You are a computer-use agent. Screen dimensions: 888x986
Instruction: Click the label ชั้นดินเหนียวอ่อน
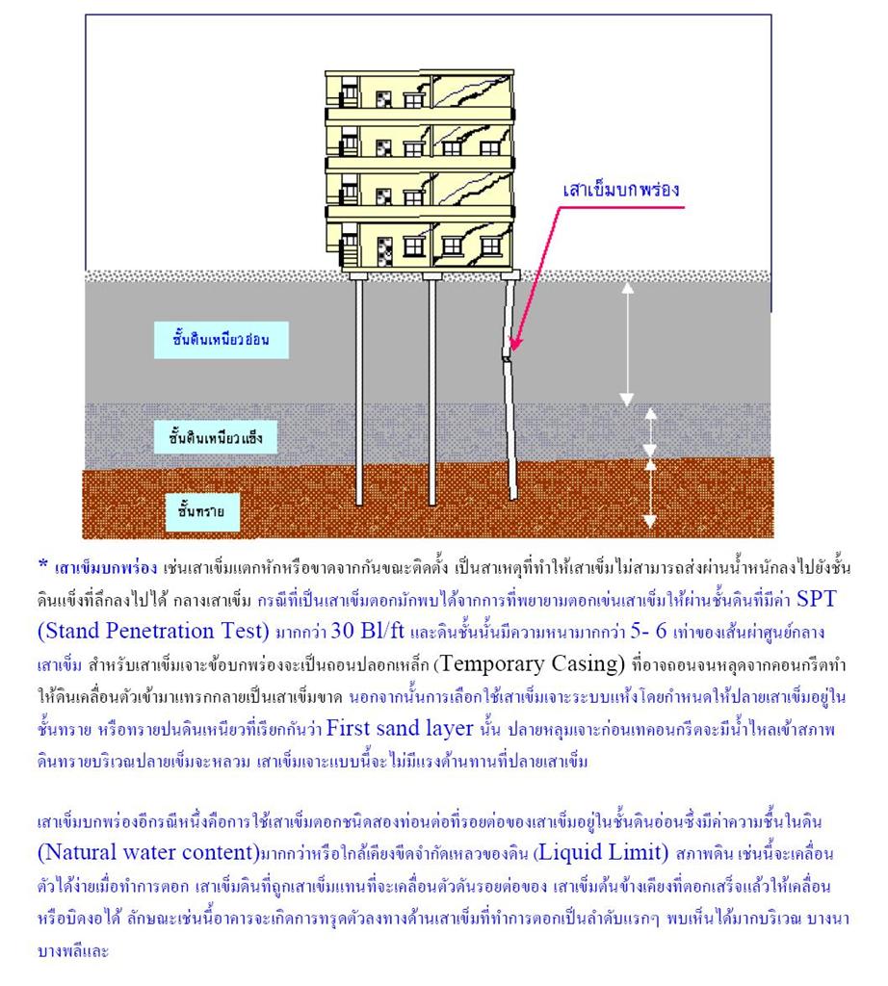(x=222, y=340)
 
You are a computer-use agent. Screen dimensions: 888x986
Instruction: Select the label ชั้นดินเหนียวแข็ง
(x=216, y=437)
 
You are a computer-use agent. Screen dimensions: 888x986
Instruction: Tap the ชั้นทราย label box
(x=202, y=512)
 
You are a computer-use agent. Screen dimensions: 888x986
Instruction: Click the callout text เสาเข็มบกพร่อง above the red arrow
(x=620, y=190)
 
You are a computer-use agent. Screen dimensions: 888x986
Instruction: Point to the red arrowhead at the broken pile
(x=515, y=344)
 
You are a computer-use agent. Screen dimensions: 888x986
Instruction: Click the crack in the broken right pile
(x=507, y=356)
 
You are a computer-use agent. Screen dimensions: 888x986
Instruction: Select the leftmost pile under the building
(x=359, y=391)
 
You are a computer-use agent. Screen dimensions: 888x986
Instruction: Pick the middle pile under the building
(x=432, y=391)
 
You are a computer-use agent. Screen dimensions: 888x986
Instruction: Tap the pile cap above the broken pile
(x=510, y=274)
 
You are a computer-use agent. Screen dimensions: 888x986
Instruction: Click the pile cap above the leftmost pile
(x=359, y=274)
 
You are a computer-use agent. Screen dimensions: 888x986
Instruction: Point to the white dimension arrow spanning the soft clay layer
(x=627, y=345)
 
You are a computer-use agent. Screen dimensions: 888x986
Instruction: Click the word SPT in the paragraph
(x=817, y=599)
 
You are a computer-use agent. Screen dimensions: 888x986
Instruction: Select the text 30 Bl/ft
(x=367, y=631)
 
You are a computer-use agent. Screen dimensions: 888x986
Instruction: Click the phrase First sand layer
(x=400, y=728)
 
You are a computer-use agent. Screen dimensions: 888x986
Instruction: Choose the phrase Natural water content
(x=148, y=853)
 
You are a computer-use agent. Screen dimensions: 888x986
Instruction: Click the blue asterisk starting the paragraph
(x=42, y=564)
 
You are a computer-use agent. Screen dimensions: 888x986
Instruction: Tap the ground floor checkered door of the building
(x=384, y=251)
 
